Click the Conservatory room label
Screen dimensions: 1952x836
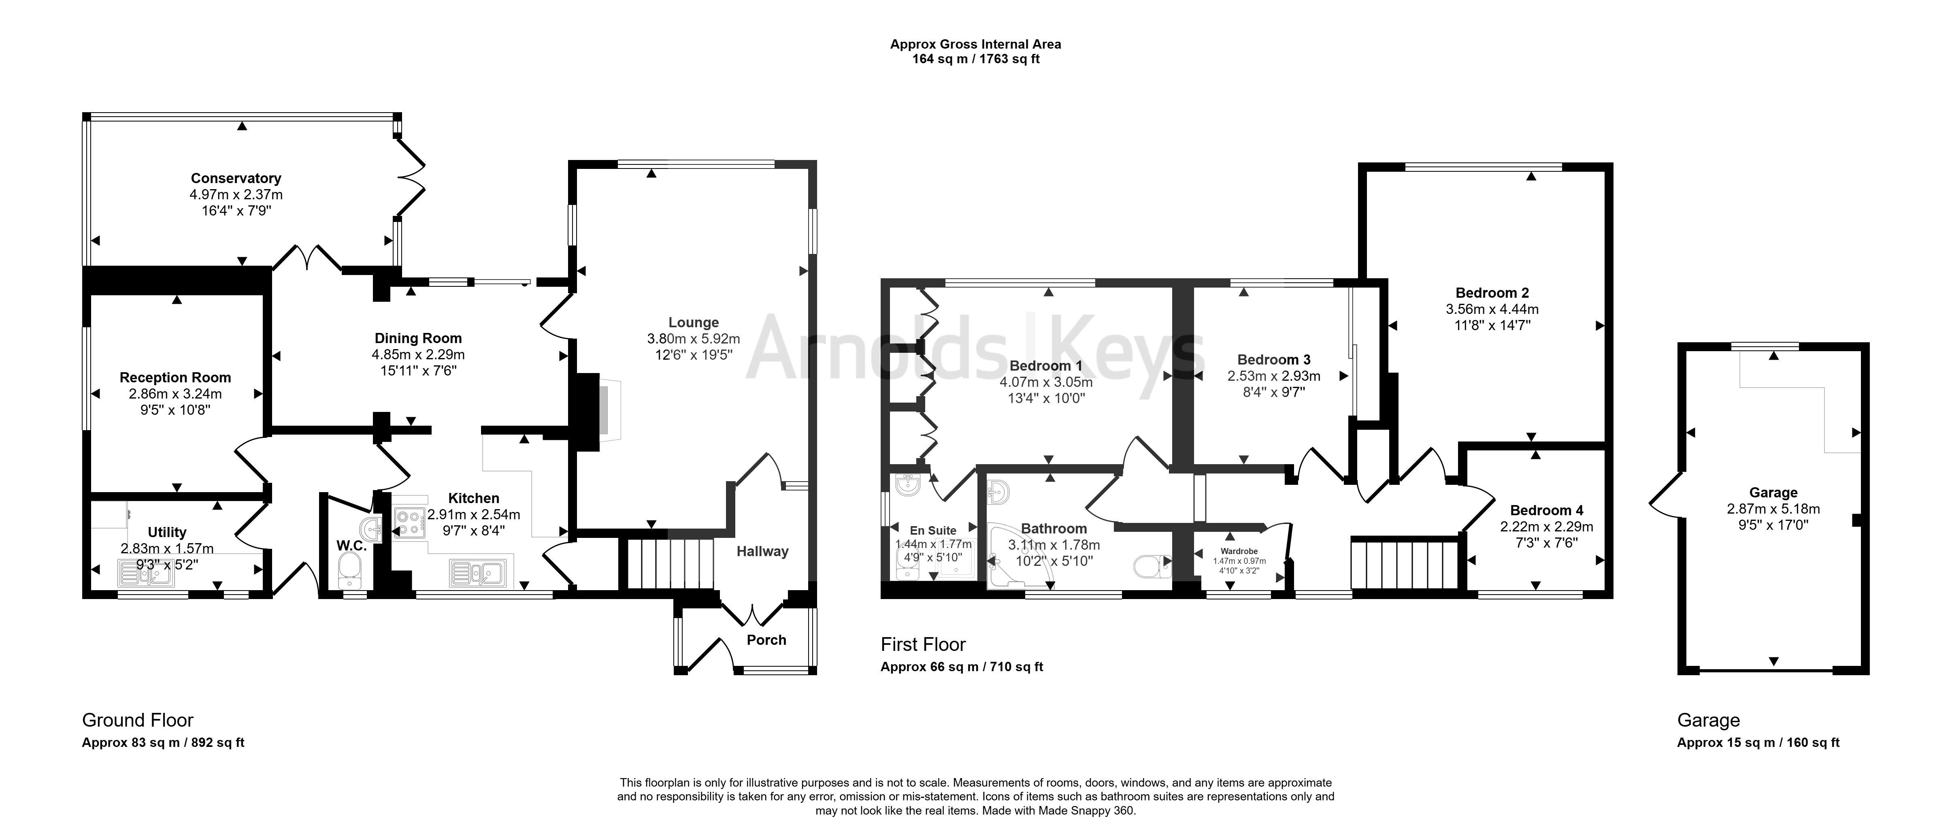pos(236,178)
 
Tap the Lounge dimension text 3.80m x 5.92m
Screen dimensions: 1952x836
pos(693,339)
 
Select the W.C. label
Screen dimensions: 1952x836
pos(351,546)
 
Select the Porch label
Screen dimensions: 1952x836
pos(766,640)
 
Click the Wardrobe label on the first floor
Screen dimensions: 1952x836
pos(1239,551)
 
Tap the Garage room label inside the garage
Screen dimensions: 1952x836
pos(1773,493)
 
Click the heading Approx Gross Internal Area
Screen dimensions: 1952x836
pos(975,44)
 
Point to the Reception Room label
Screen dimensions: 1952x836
pos(175,377)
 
